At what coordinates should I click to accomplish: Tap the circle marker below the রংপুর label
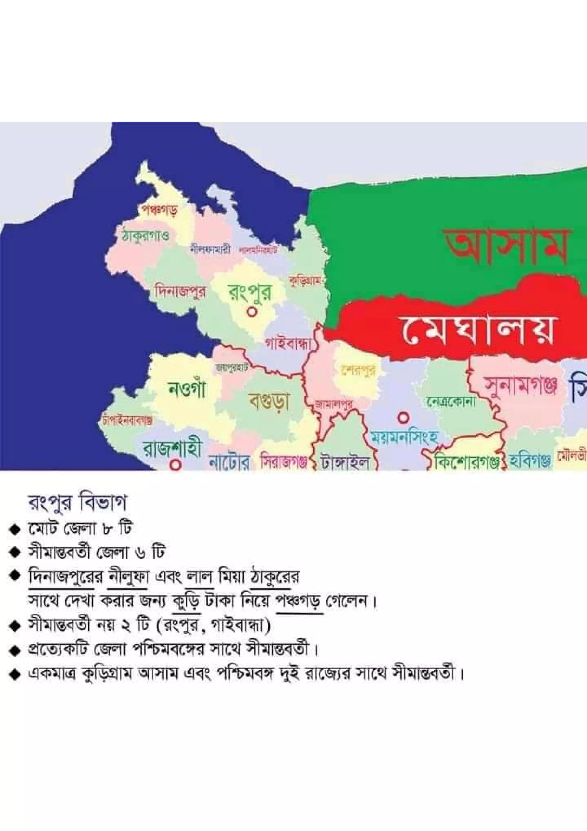(x=252, y=311)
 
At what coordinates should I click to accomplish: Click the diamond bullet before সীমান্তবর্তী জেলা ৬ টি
(x=15, y=553)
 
